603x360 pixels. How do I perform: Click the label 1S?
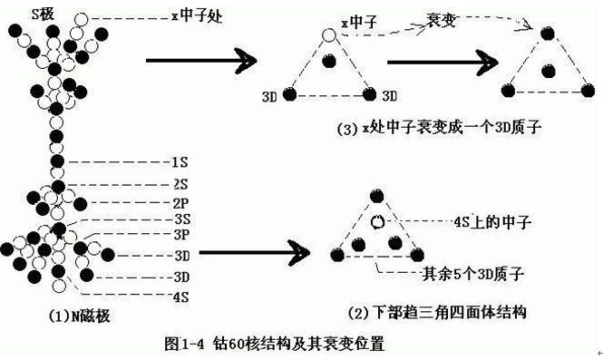[x=179, y=162]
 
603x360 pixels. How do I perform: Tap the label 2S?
[x=179, y=185]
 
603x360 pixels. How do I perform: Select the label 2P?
[x=179, y=202]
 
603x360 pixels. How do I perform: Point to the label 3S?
[x=179, y=219]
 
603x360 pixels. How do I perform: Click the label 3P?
[x=179, y=234]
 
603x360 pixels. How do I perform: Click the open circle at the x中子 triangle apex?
[x=328, y=34]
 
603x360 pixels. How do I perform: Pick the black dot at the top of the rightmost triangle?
[x=547, y=34]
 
